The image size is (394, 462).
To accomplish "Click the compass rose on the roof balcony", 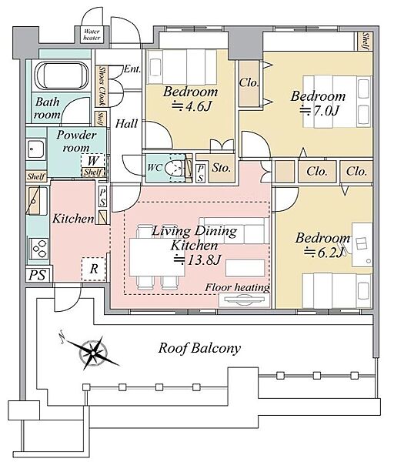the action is point(93,352).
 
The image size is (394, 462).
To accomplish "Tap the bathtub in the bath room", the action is point(62,75).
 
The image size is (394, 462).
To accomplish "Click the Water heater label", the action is point(92,35).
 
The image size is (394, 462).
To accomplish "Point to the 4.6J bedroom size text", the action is point(192,106).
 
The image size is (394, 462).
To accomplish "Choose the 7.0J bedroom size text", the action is point(319,111).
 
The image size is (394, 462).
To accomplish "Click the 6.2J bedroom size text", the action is point(324,253).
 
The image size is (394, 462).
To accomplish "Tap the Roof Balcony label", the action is point(199,348).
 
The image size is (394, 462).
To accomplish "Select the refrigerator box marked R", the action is point(93,269).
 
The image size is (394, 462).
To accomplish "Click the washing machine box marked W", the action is point(93,161).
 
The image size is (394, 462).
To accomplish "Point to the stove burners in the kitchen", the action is point(39,249).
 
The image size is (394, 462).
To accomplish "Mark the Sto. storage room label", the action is point(222,168).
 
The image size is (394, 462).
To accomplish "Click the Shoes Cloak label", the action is point(102,85).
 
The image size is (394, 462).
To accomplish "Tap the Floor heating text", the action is point(237,287).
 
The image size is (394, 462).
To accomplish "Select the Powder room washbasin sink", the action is point(36,149).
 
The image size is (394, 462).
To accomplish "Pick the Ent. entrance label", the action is point(132,69).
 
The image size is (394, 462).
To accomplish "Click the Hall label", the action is point(127,124).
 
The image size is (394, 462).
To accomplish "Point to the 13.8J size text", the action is point(197,259).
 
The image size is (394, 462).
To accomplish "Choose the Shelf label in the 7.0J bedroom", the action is point(366,41).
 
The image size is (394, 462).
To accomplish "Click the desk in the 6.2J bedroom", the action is point(362,245).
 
